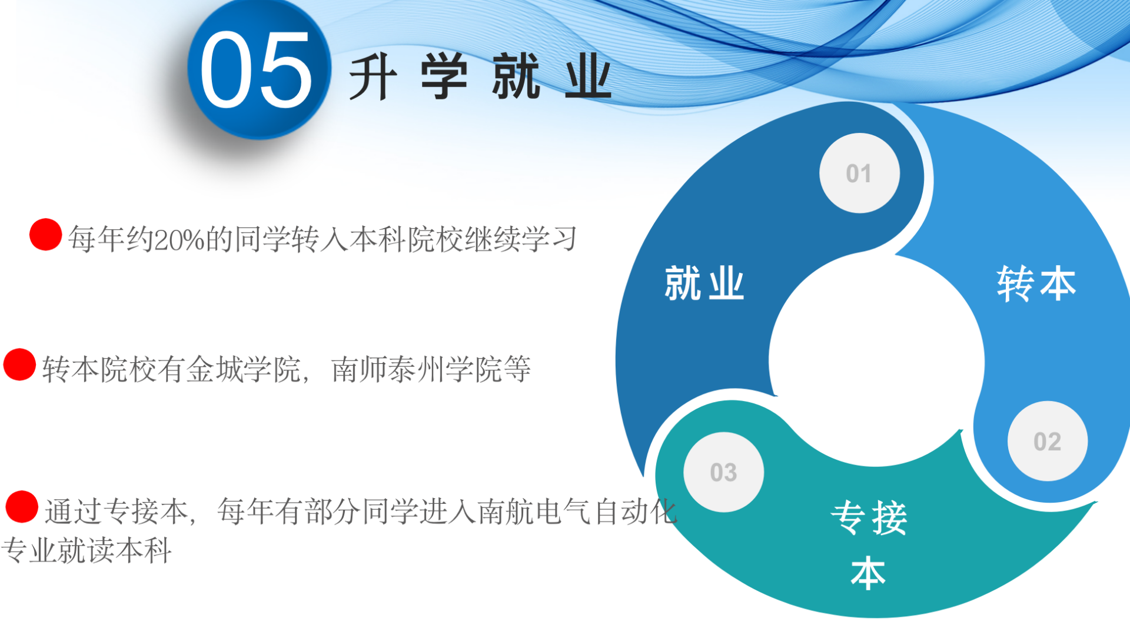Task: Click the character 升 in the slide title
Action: (373, 76)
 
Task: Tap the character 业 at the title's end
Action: (588, 76)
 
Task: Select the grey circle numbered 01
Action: (859, 173)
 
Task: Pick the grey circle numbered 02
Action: (1048, 441)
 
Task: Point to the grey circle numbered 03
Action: (723, 472)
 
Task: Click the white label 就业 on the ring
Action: (704, 283)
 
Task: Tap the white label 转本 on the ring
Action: (1036, 283)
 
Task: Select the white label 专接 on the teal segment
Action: (869, 517)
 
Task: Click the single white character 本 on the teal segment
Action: (868, 573)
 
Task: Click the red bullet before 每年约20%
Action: (46, 235)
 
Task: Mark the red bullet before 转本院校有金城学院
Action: (20, 365)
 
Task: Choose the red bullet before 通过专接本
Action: (22, 507)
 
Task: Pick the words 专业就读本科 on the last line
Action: (86, 550)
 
